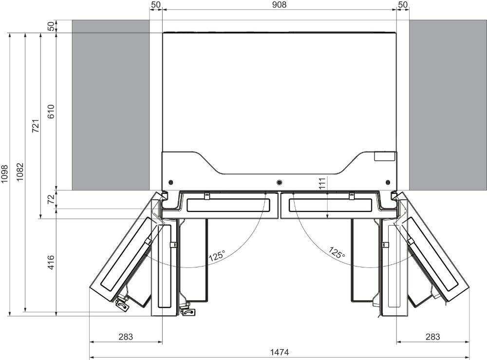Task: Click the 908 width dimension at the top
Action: [x=280, y=5]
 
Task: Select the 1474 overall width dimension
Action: [x=280, y=353]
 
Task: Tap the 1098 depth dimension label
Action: [x=5, y=174]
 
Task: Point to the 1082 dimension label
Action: [x=20, y=172]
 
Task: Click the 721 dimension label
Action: [x=36, y=126]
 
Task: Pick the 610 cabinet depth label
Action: [x=51, y=112]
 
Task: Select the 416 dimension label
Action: [x=51, y=262]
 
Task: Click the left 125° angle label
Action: [x=217, y=256]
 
